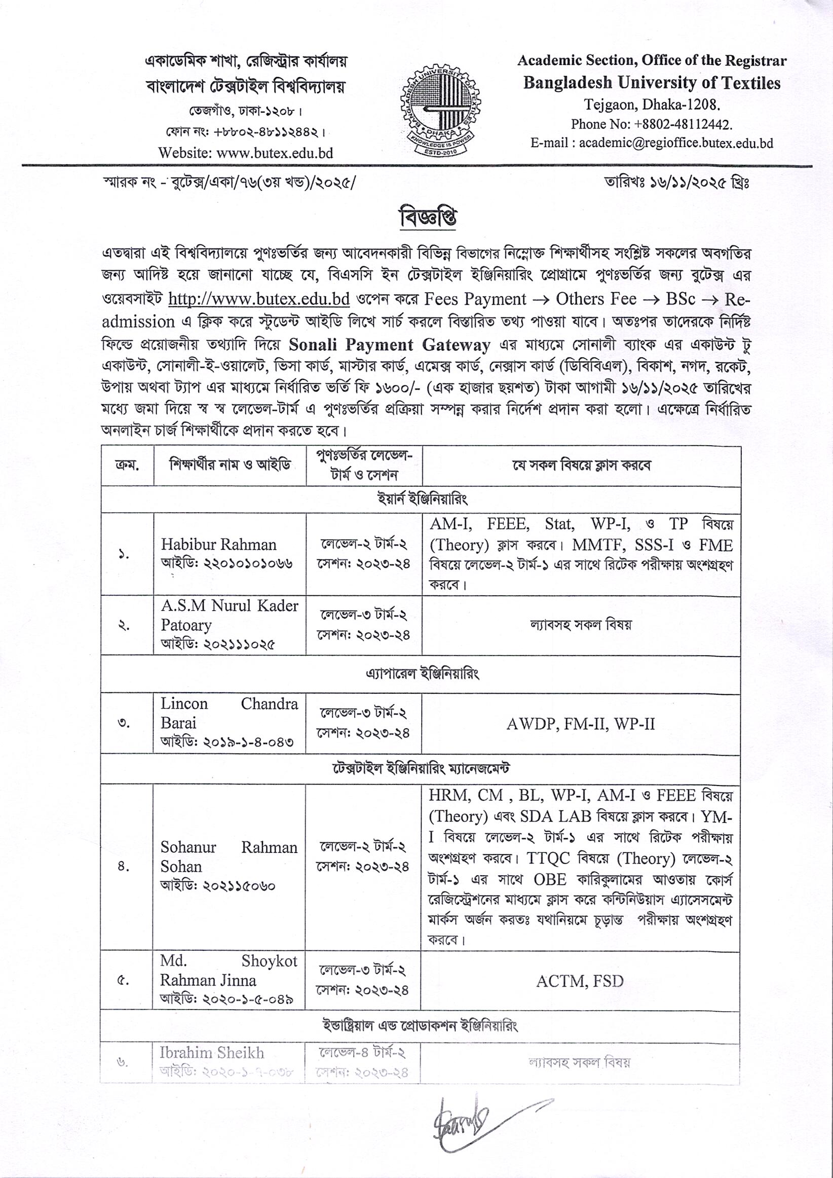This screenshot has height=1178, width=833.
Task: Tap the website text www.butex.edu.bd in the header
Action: (275, 153)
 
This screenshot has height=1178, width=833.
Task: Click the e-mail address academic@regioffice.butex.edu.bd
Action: (675, 143)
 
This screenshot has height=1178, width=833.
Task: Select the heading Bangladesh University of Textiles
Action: (652, 83)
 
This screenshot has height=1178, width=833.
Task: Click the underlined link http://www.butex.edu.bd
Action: (259, 299)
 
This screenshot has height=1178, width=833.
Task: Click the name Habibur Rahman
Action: (218, 544)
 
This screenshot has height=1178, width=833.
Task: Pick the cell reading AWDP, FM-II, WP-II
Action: (580, 724)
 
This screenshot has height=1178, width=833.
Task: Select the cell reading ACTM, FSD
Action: (580, 981)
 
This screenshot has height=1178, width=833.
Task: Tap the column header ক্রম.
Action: (127, 466)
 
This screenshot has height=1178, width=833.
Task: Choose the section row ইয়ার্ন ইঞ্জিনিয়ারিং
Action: (422, 499)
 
